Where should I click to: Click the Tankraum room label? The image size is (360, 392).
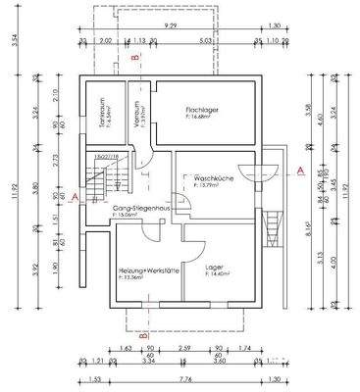(97, 110)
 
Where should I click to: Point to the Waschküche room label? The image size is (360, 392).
(214, 176)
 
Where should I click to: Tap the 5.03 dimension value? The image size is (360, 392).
(205, 42)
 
